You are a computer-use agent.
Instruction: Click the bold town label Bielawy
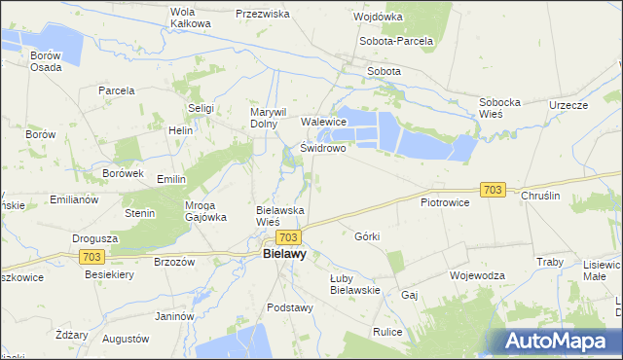click(284, 255)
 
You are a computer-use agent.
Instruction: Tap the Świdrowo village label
click(323, 149)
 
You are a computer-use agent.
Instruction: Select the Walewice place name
click(324, 122)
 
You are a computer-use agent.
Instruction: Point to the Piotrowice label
click(445, 202)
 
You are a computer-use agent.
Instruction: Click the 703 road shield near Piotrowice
click(493, 190)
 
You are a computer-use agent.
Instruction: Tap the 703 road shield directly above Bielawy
click(287, 236)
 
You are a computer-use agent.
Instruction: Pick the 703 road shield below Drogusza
click(92, 256)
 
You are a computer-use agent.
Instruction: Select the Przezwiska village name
click(263, 15)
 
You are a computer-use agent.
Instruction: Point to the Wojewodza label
click(477, 275)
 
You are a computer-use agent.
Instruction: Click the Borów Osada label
click(46, 61)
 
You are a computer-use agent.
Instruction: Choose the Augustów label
click(126, 340)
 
